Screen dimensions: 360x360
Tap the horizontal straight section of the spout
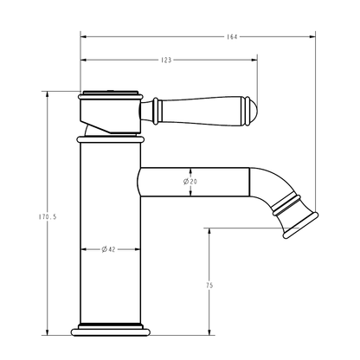(199, 181)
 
